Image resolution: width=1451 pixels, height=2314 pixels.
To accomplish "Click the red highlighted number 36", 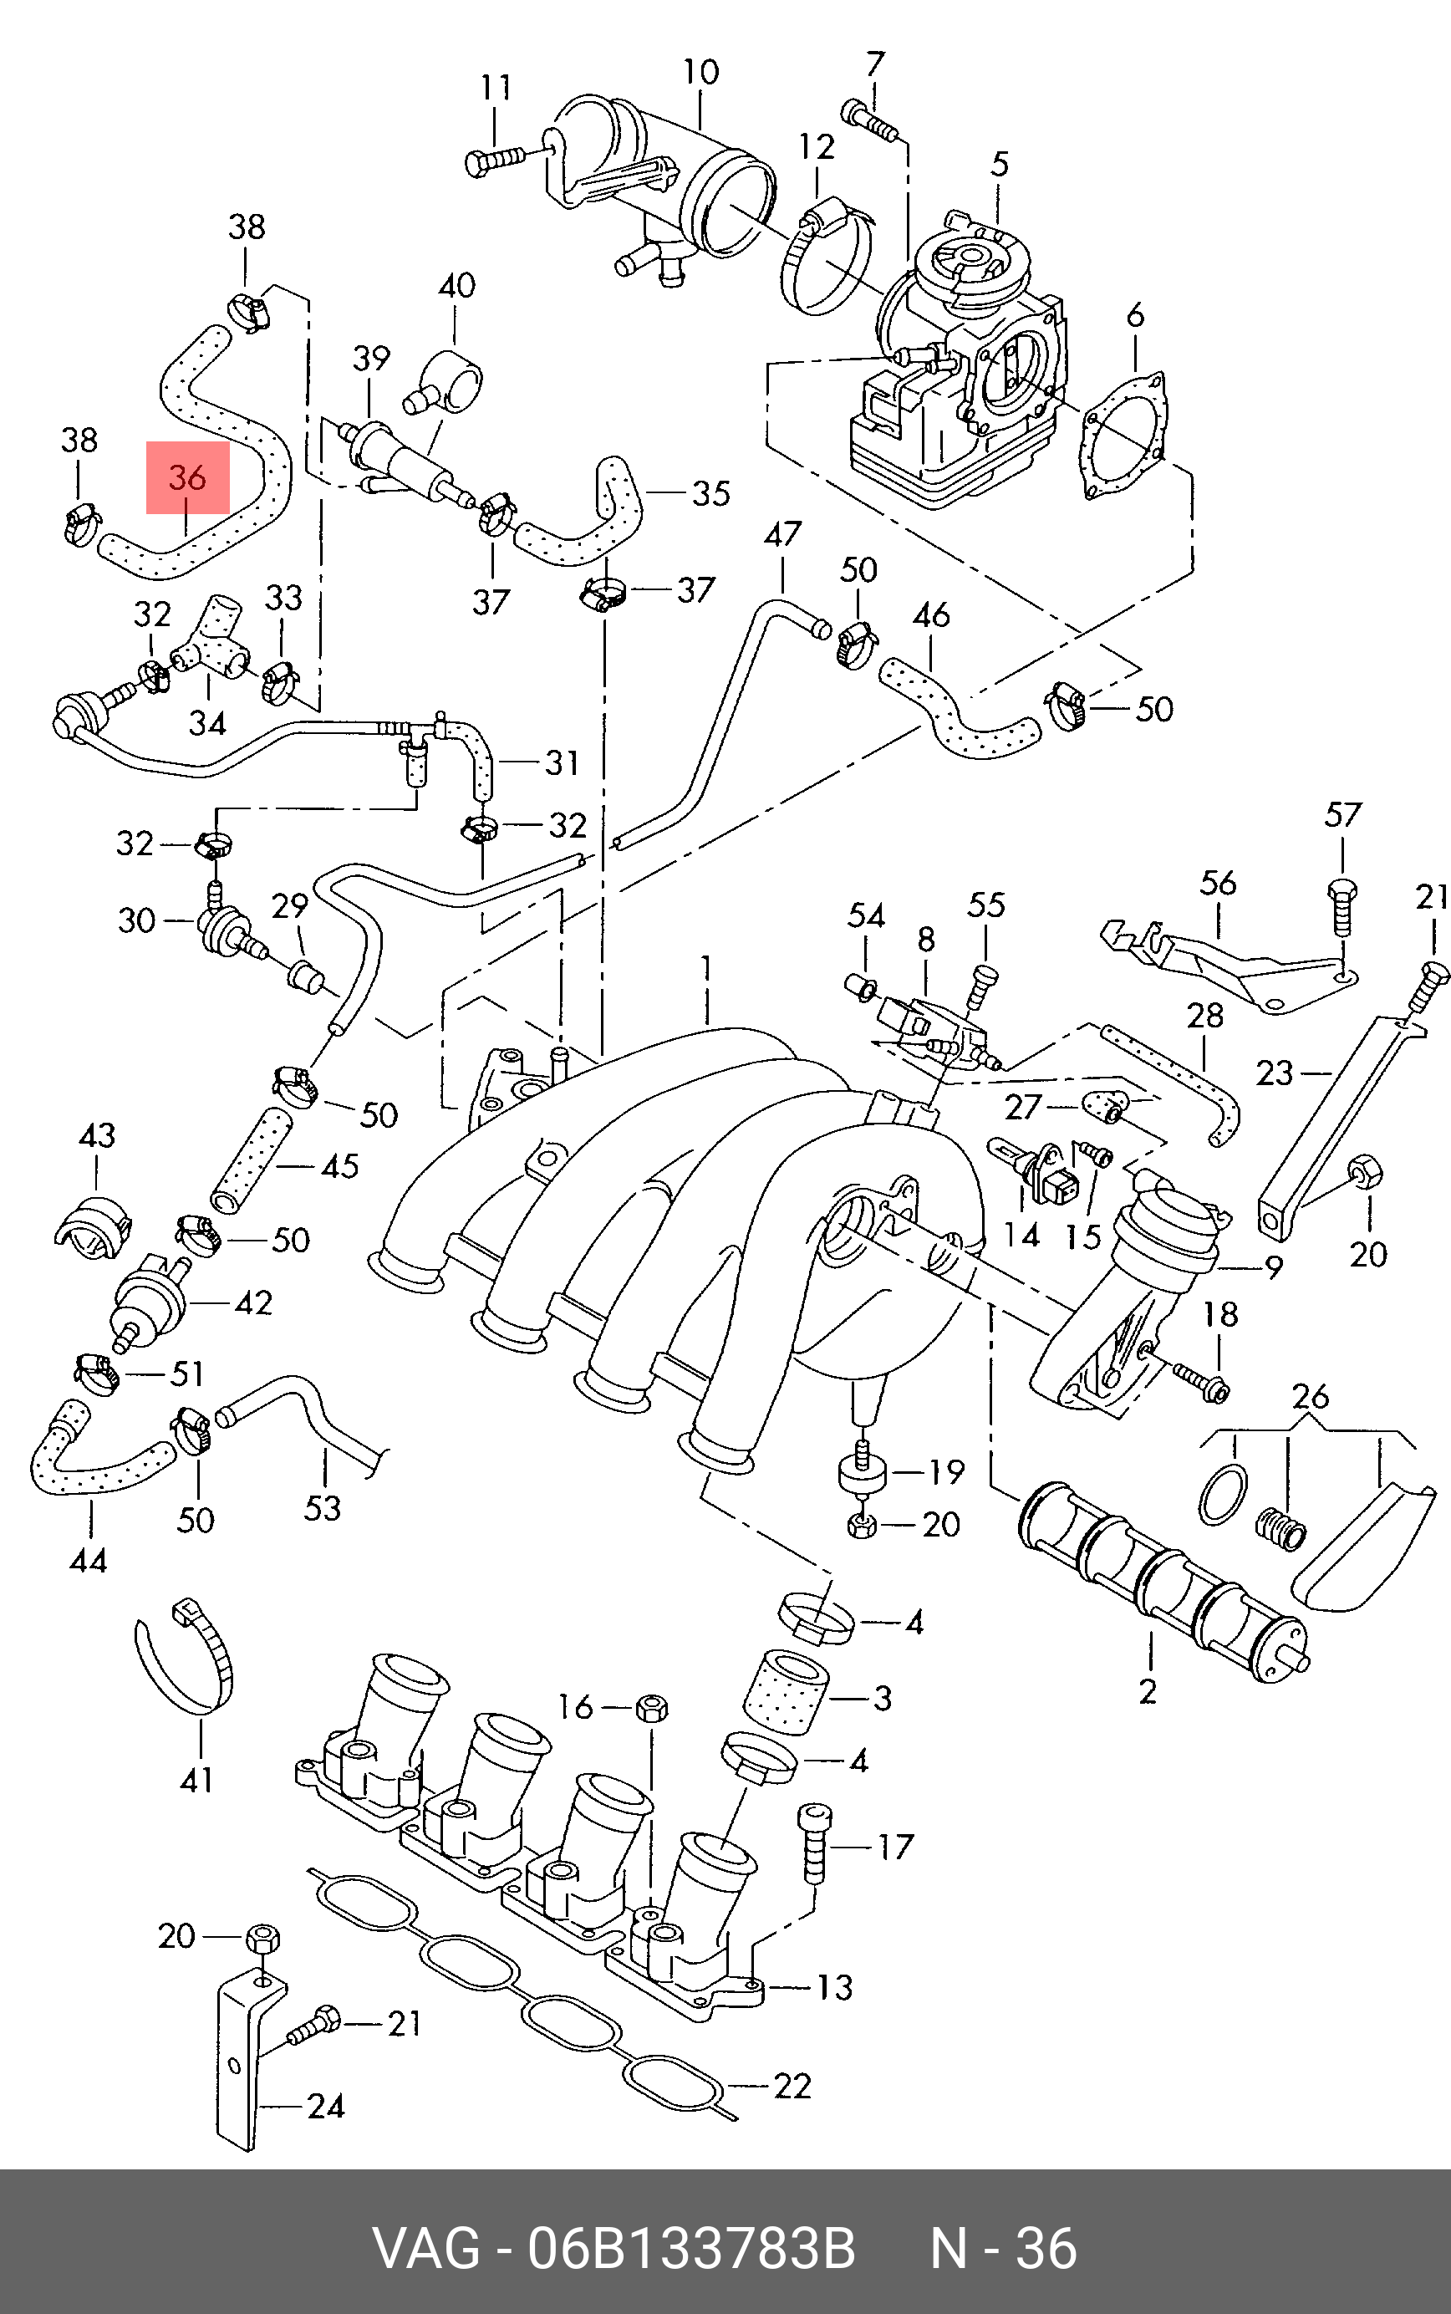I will coord(187,477).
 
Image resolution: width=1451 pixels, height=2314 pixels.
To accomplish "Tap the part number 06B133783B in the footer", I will coord(691,2249).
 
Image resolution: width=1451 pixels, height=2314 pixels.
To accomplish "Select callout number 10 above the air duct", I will coord(700,73).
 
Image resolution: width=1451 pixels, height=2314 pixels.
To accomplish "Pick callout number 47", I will coord(782,534).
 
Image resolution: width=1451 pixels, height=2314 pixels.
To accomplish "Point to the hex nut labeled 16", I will coord(652,1707).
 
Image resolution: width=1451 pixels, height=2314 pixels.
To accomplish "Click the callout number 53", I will coord(323,1508).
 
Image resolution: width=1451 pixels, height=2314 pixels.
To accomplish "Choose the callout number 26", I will coord(1310,1395).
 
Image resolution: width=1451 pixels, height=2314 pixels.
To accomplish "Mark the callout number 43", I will coord(97,1135).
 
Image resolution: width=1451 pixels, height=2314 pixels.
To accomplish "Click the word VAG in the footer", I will coord(425,2249).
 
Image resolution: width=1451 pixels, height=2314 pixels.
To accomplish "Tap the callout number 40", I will coord(457,286).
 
